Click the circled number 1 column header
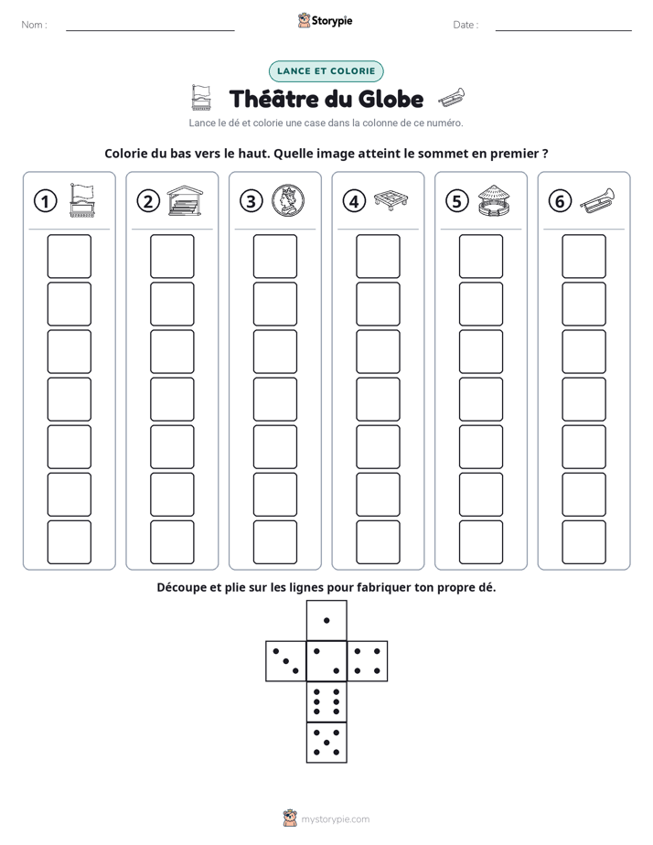[x=45, y=201]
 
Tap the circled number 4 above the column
[x=354, y=201]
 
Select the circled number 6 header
[x=560, y=201]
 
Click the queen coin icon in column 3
[x=288, y=200]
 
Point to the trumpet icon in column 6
[x=597, y=200]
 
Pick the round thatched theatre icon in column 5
[x=494, y=200]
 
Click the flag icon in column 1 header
[x=82, y=200]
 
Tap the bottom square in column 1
[x=69, y=542]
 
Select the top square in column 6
[x=583, y=256]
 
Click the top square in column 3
[x=274, y=256]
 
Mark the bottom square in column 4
[x=378, y=542]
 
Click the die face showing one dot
[x=326, y=620]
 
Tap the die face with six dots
[x=326, y=701]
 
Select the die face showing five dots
[x=326, y=743]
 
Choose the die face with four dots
[x=368, y=661]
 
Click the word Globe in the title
[x=391, y=99]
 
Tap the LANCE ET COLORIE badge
[x=326, y=71]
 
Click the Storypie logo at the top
[x=326, y=21]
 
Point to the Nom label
[x=34, y=25]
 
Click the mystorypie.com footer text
[x=335, y=819]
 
